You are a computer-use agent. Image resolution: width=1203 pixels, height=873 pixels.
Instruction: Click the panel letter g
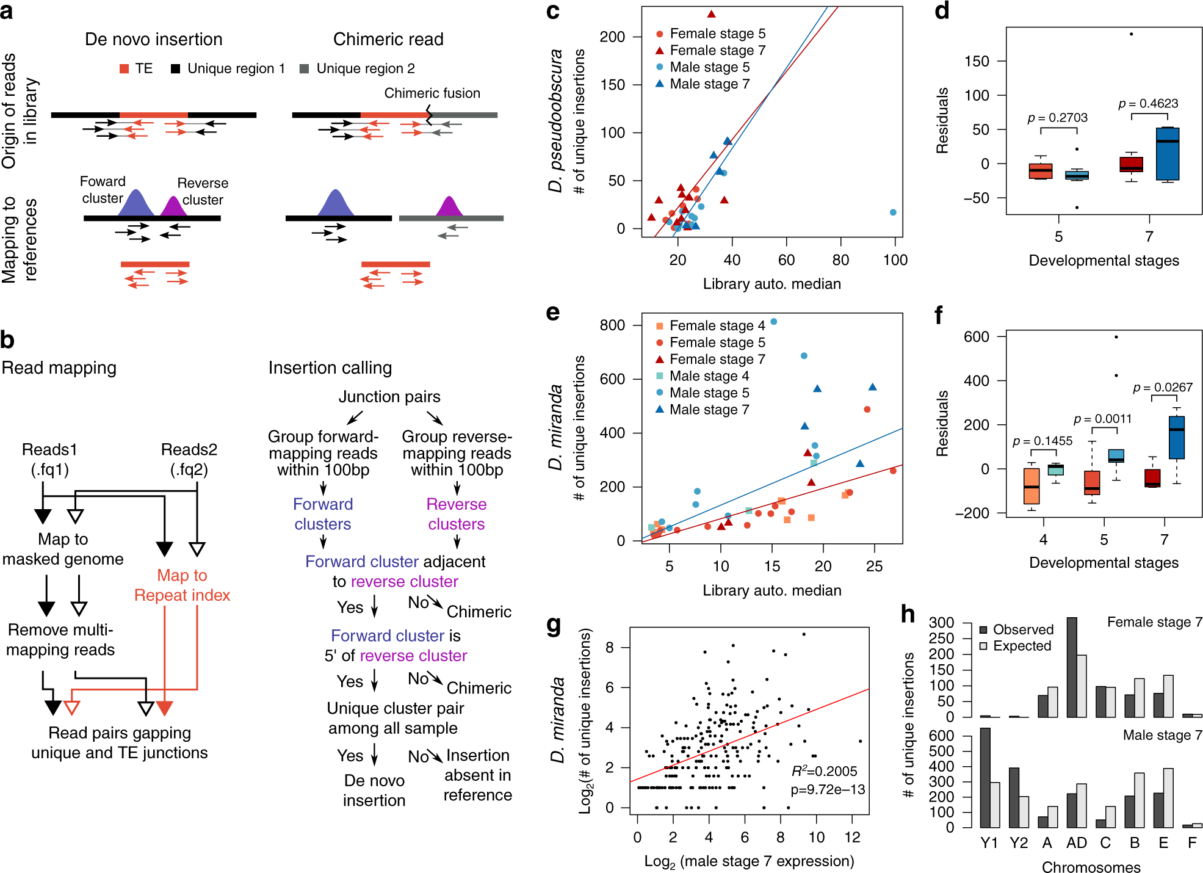[x=554, y=625]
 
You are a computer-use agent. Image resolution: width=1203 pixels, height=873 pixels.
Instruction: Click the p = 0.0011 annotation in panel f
[x=1102, y=419]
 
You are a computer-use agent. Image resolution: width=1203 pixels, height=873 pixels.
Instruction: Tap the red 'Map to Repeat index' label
[x=182, y=585]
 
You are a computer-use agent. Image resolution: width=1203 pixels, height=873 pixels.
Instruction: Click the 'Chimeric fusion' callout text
[x=432, y=93]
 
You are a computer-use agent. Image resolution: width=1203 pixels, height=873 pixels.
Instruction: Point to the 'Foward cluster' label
[x=103, y=189]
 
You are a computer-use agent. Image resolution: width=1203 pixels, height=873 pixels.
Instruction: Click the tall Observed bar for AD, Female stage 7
[x=1072, y=667]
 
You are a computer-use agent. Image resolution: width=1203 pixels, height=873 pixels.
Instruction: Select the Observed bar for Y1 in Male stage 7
[x=984, y=777]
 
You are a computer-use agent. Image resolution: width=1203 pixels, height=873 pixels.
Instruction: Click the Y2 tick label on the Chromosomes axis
[x=1019, y=843]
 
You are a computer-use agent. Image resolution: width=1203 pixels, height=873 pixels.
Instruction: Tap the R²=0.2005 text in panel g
[x=824, y=771]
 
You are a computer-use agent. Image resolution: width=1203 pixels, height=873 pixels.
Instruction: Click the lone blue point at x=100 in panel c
[x=893, y=212]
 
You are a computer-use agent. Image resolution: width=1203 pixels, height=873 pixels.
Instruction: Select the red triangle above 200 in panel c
[x=711, y=14]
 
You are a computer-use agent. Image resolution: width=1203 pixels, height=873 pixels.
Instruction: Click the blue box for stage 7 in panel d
[x=1168, y=154]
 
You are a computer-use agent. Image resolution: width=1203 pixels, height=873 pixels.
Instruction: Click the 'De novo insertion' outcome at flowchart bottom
[x=374, y=790]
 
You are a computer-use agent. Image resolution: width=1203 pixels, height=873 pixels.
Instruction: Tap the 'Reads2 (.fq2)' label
[x=189, y=459]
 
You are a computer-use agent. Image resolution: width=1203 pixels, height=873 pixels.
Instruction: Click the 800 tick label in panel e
[x=612, y=325]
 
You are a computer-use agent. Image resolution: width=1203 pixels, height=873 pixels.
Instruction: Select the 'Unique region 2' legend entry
[x=365, y=68]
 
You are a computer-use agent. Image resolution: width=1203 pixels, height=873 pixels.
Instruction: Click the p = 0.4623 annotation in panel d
[x=1148, y=104]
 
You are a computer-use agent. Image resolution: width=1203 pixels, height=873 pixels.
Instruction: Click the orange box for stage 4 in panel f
[x=1031, y=486]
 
